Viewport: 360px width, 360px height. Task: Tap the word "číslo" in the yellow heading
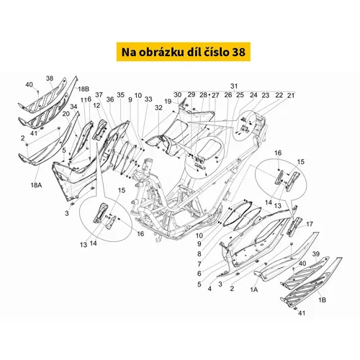point(212,52)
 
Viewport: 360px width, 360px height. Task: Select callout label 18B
point(84,89)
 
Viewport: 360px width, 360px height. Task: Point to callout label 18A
point(36,185)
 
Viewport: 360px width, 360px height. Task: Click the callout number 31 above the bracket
point(234,86)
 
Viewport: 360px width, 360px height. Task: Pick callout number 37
point(99,95)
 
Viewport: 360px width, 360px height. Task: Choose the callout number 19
point(168,102)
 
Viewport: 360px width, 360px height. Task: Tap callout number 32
point(158,108)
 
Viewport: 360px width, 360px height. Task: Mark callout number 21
point(291,96)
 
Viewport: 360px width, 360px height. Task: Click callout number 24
point(253,95)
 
